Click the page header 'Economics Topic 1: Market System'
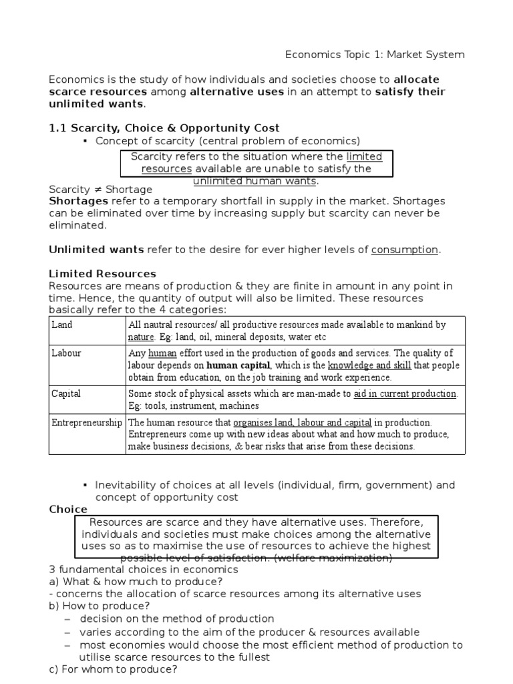pos(375,54)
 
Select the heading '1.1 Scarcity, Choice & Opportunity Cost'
pos(164,128)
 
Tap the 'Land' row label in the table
pos(62,325)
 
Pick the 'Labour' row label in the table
pos(66,353)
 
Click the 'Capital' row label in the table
pos(66,393)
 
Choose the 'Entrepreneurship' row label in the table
pos(87,422)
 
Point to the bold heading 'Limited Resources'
pos(102,274)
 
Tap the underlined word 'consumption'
pos(405,250)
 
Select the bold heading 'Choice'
pos(68,509)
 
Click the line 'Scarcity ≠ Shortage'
pos(101,190)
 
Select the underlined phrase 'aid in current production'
pos(405,393)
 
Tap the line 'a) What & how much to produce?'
pos(136,581)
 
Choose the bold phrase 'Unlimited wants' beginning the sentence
pos(96,250)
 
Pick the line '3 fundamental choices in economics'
pos(143,569)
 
